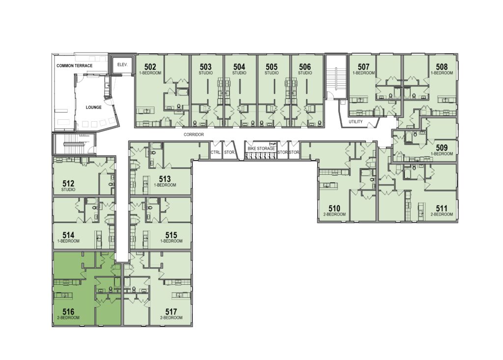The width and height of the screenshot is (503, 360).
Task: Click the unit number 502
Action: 150,67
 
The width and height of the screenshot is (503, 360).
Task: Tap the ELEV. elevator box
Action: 122,65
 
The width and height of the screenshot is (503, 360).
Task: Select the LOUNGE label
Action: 94,107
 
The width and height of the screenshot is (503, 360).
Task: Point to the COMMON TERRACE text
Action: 75,66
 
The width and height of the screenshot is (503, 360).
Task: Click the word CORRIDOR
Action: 194,135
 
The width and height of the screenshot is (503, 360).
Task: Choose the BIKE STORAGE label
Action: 261,148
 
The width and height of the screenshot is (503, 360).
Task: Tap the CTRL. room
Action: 215,152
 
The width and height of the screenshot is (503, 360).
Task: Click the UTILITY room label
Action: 356,122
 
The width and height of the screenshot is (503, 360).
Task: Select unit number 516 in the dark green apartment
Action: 69,311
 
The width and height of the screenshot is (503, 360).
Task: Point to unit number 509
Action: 442,148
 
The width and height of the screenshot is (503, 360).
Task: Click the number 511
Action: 442,209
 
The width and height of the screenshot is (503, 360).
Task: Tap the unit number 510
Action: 334,209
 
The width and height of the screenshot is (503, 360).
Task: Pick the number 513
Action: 165,179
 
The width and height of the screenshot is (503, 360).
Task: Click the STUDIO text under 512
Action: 68,190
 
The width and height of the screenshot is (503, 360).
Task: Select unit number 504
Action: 239,67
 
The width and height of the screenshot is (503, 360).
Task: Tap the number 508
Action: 442,67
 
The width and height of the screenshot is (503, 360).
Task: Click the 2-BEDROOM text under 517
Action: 171,318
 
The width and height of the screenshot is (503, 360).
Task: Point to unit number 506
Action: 305,67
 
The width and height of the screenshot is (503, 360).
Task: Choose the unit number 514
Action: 69,235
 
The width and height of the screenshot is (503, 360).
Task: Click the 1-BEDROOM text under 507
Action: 364,73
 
